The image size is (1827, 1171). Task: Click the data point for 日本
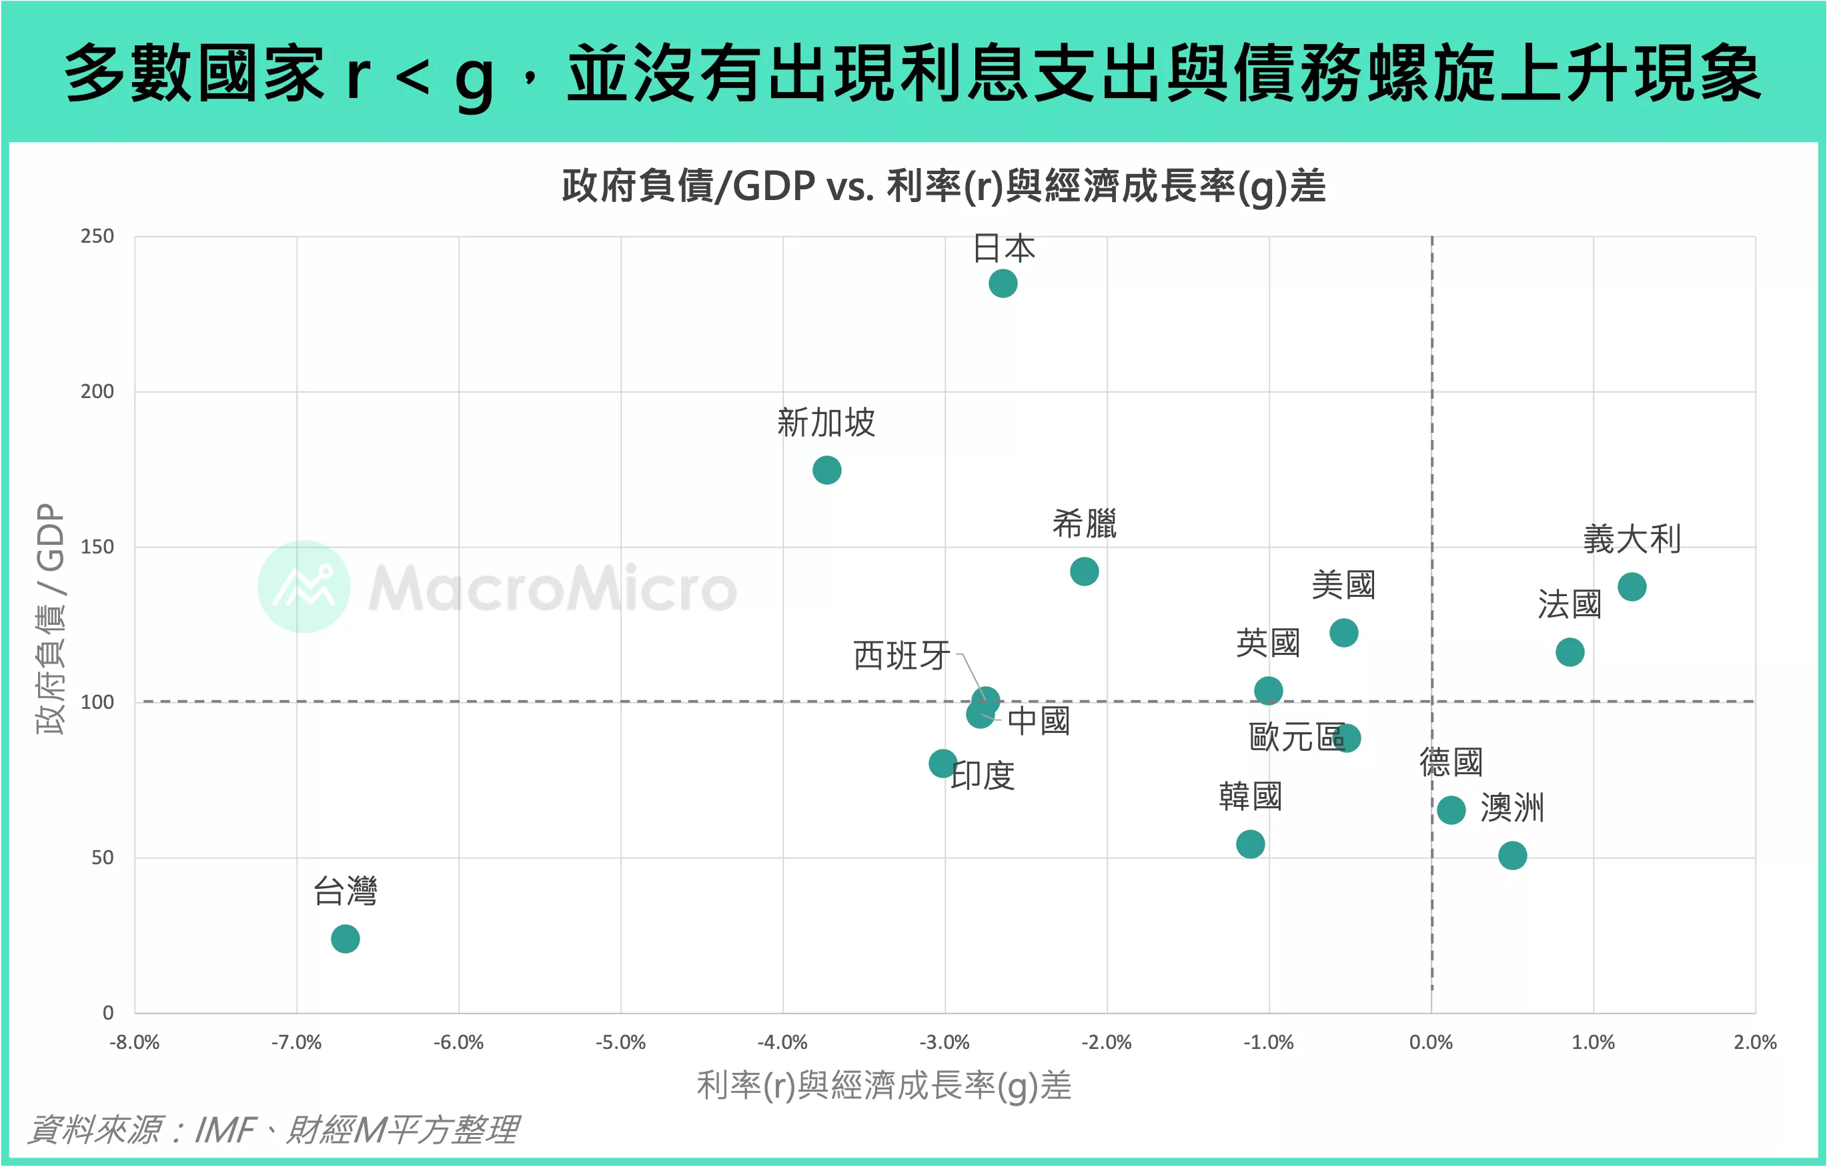pos(1003,283)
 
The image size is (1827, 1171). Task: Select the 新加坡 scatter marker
pos(827,470)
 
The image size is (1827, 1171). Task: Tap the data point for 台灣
pos(346,938)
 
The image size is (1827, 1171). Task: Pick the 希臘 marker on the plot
pos(1084,571)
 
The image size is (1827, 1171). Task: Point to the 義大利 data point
pos(1632,586)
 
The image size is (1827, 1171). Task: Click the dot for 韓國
pos(1251,844)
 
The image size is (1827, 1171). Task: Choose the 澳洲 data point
pos(1512,856)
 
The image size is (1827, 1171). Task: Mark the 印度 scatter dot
pos(943,763)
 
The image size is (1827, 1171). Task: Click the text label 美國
pos(1343,585)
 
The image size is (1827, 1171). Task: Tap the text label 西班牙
pos(901,655)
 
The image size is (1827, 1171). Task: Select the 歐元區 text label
pos(1296,737)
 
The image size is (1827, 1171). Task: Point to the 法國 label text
pos(1569,605)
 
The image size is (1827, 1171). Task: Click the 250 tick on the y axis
pos(97,237)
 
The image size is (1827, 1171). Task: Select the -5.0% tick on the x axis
pos(620,1042)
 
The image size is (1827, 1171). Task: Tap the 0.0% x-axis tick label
pos(1431,1042)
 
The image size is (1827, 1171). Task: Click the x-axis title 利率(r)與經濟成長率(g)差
pos(884,1085)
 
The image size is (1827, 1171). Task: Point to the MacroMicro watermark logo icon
pos(303,586)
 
